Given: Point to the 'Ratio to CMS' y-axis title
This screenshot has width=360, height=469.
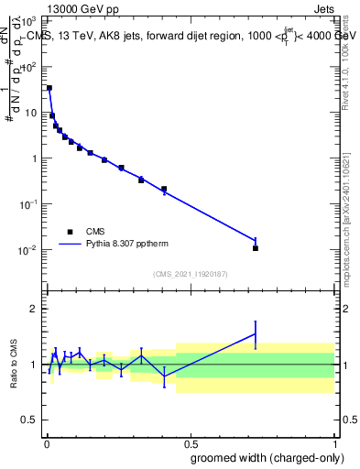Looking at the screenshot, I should click(x=14, y=365).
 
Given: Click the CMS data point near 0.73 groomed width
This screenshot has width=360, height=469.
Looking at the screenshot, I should click(x=256, y=248).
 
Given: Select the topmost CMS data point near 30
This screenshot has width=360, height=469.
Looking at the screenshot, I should click(x=49, y=88).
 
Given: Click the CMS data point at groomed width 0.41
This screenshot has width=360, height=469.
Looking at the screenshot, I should click(x=164, y=189).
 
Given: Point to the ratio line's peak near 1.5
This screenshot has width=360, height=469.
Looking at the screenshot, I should click(x=256, y=333).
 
